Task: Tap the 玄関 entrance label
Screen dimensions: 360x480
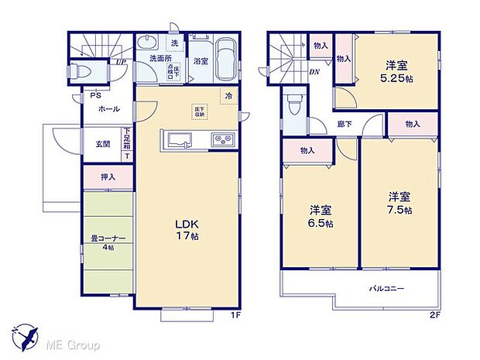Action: [x=102, y=143]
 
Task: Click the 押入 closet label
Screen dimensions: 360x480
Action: [x=108, y=177]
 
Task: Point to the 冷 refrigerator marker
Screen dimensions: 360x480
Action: [x=229, y=95]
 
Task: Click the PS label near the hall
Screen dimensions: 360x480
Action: [x=94, y=96]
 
